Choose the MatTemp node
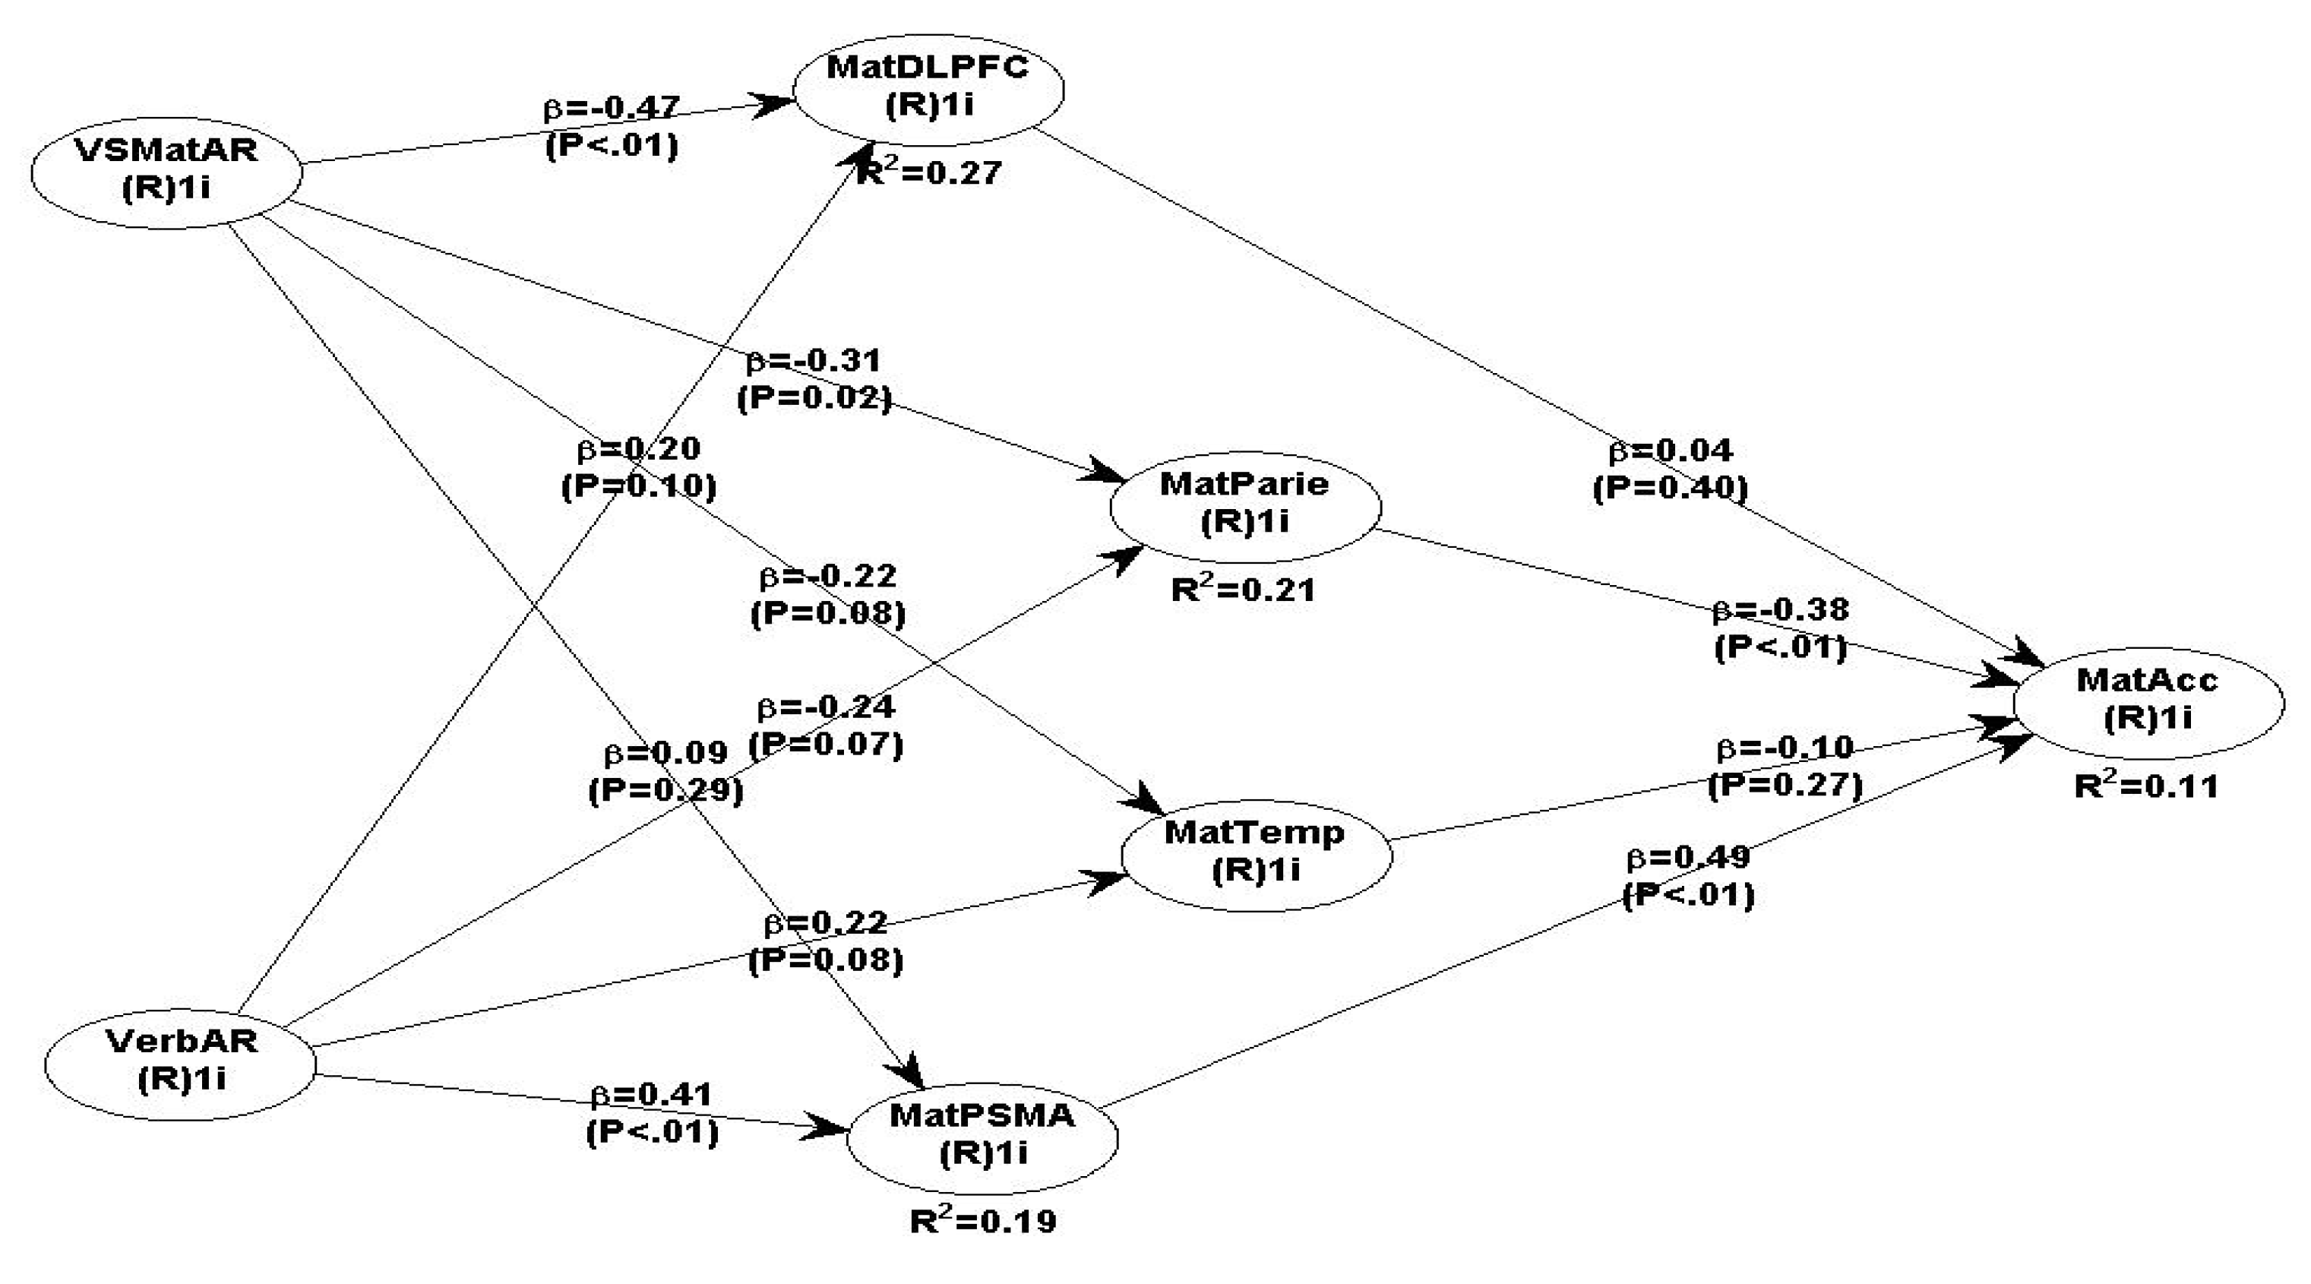pyautogui.click(x=1256, y=852)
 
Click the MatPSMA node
pyautogui.click(x=982, y=1135)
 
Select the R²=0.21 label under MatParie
pyautogui.click(x=1244, y=590)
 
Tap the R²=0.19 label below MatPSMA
pyautogui.click(x=983, y=1220)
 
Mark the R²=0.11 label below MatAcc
pyautogui.click(x=2146, y=786)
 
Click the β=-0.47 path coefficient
pyautogui.click(x=613, y=108)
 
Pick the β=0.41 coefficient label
pyautogui.click(x=653, y=1095)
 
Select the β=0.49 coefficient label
pyautogui.click(x=1688, y=858)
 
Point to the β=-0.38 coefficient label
pyautogui.click(x=1781, y=610)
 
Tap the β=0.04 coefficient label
pyautogui.click(x=1671, y=451)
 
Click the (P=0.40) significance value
pyautogui.click(x=1671, y=488)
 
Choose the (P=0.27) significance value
pyautogui.click(x=1785, y=785)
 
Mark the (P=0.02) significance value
pyautogui.click(x=814, y=397)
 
